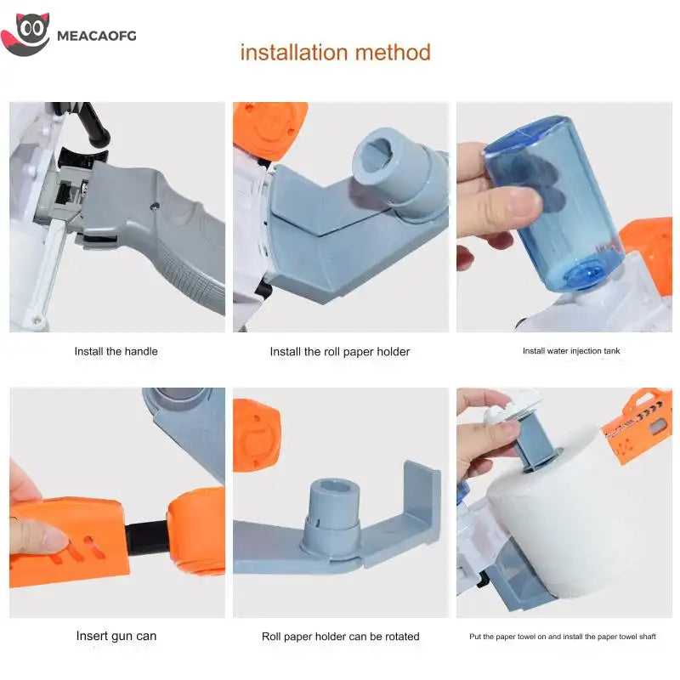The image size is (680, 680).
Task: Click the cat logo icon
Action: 25,34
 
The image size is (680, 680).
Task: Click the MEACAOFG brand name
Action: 97,36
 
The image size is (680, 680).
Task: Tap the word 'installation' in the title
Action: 293,52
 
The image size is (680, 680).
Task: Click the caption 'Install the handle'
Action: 116,351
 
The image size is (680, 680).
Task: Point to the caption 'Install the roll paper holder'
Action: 339,352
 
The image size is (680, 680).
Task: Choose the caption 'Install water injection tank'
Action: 571,351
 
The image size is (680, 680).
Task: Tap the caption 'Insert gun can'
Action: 116,636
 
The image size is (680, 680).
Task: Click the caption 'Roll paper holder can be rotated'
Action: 341,637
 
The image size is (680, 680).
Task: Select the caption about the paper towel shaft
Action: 563,637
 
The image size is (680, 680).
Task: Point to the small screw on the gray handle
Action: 155,207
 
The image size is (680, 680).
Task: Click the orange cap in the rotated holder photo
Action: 257,435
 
